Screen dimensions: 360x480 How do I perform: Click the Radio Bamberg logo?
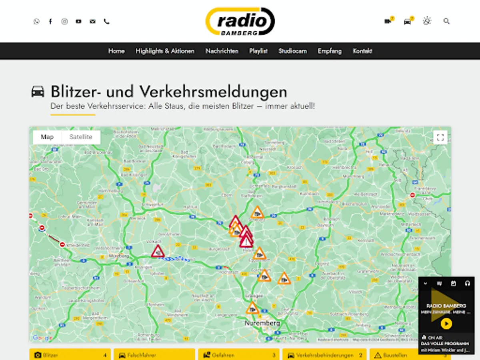[x=240, y=21]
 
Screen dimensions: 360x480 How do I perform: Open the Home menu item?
[x=116, y=51]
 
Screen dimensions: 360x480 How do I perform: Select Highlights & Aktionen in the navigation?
[x=165, y=51]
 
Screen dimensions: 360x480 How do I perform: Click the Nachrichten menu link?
[x=222, y=51]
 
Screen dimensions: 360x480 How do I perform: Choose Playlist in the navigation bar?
[x=258, y=51]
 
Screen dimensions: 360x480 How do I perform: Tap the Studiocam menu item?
[x=292, y=51]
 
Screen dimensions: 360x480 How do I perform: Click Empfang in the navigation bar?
[x=330, y=51]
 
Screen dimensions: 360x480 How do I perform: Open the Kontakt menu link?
[x=362, y=51]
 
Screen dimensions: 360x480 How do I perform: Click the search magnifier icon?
[x=447, y=21]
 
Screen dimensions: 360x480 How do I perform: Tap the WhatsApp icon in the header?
[x=36, y=22]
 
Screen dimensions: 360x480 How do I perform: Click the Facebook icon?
[x=50, y=22]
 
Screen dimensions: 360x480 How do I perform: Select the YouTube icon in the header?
[x=78, y=22]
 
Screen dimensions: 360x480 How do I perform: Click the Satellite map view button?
[x=81, y=137]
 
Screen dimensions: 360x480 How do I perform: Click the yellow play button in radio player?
[x=446, y=323]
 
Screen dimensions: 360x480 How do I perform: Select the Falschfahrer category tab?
[x=154, y=355]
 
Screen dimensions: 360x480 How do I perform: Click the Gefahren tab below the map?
[x=240, y=355]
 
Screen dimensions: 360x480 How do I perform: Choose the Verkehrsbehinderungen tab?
[x=324, y=355]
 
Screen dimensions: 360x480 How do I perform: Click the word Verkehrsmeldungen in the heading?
[x=213, y=92]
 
